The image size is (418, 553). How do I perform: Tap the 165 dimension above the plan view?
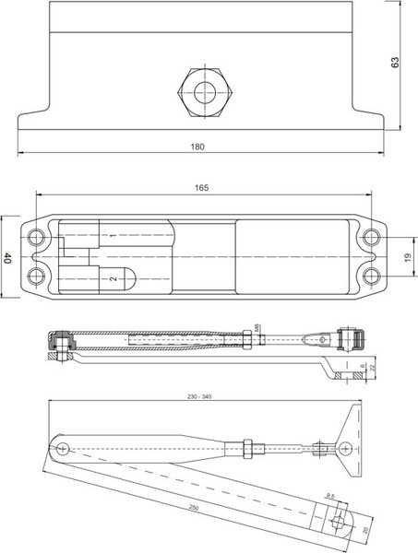click(x=202, y=187)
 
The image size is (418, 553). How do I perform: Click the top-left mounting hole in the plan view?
click(x=36, y=237)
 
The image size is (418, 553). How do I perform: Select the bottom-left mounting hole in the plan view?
click(x=36, y=276)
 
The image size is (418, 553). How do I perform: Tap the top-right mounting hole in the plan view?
click(x=370, y=237)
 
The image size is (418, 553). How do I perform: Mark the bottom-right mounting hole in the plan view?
click(x=370, y=276)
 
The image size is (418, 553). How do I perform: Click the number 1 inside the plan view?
click(x=113, y=237)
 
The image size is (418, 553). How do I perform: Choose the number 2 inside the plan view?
click(x=113, y=277)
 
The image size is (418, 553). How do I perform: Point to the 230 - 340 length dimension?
click(x=198, y=396)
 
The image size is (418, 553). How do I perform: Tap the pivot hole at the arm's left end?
click(x=63, y=449)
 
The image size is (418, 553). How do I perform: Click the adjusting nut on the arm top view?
click(x=247, y=449)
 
